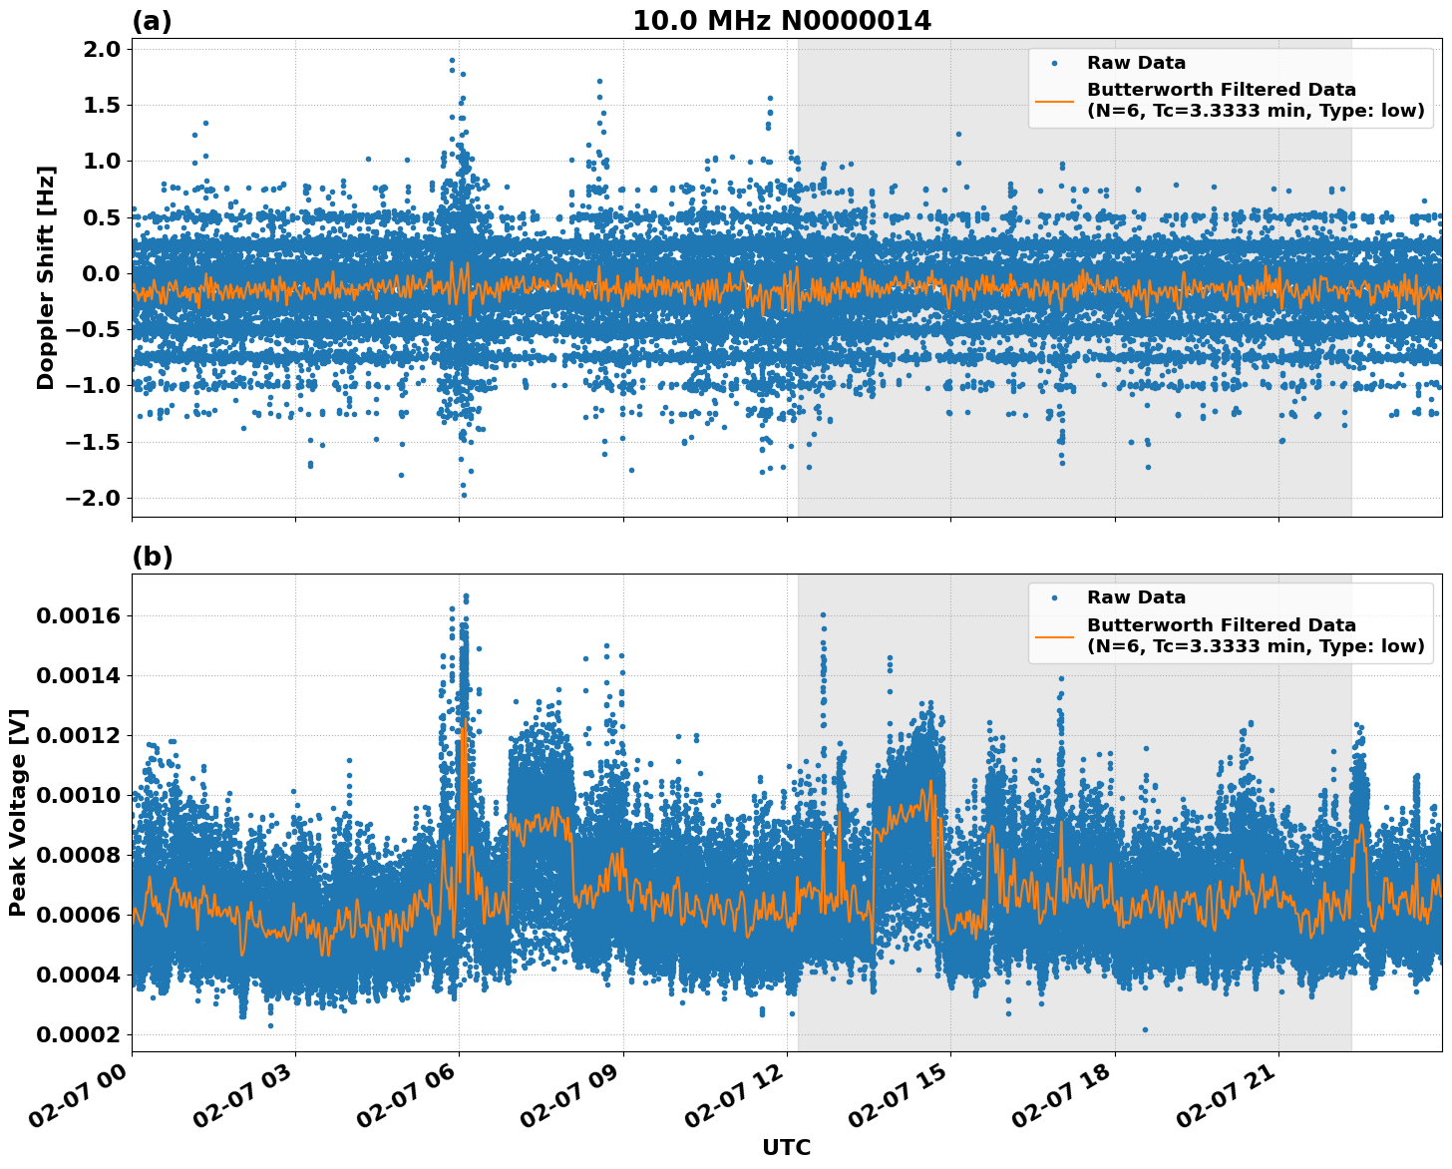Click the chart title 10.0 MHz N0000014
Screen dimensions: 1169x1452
point(782,21)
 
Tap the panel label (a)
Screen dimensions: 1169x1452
point(152,21)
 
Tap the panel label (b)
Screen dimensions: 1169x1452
point(152,557)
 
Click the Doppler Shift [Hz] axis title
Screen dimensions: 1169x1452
point(46,277)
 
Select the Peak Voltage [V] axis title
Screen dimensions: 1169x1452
point(18,812)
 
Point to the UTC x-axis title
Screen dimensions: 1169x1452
point(786,1147)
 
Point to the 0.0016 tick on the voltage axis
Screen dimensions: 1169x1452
point(79,615)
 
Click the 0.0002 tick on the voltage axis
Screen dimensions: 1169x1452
point(79,1034)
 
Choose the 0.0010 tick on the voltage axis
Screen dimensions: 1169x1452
point(79,795)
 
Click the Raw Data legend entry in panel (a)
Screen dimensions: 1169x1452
point(1136,63)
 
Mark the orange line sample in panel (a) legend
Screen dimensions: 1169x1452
point(1055,100)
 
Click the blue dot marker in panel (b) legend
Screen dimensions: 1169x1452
point(1055,598)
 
